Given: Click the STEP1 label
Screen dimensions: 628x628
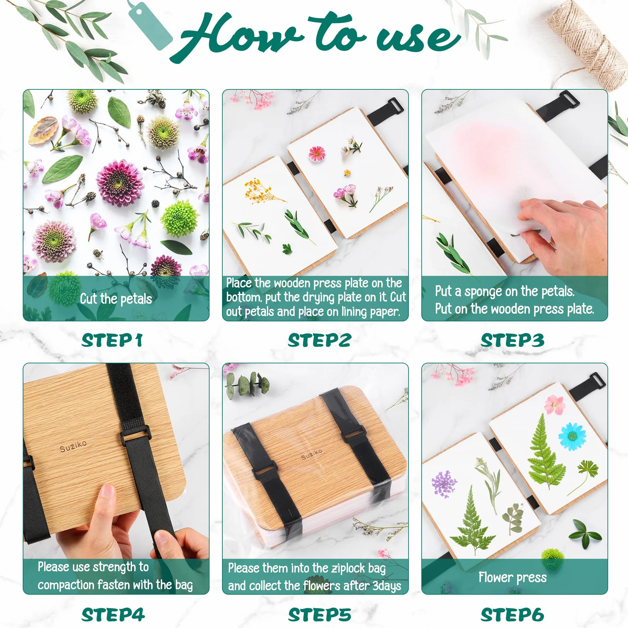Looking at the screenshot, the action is click(112, 340).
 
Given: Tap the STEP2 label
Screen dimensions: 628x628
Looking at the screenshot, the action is click(319, 340).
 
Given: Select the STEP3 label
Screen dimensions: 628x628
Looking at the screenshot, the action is click(512, 340).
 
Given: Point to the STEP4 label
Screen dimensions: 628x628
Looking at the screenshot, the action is click(113, 614).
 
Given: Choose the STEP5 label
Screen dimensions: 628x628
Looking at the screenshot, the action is click(319, 614).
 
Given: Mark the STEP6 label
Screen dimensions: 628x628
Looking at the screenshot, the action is click(512, 614).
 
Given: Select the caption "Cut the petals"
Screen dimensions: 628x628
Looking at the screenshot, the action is click(116, 299).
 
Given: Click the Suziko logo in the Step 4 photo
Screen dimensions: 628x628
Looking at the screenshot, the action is click(73, 446).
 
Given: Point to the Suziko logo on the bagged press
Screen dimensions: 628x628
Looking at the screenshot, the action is click(311, 454).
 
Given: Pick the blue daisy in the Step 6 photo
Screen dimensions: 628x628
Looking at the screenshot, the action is click(572, 436).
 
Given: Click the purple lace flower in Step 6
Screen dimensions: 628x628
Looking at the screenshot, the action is click(444, 483).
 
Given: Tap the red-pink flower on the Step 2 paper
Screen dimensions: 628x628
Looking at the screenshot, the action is click(317, 154).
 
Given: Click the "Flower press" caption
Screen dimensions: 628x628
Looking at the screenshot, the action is click(513, 577).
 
